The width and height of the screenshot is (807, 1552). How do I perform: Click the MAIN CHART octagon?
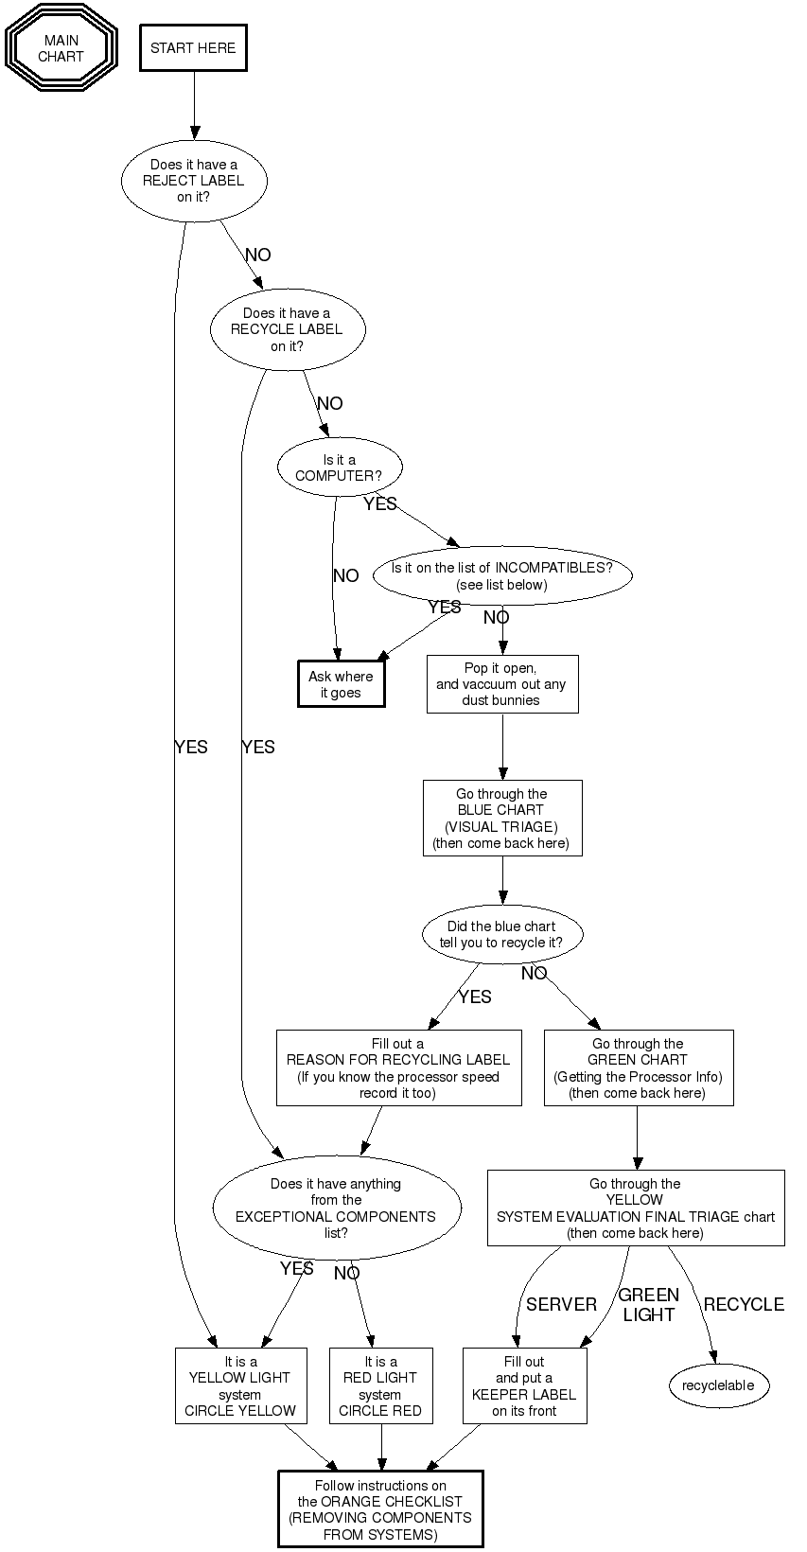tap(61, 48)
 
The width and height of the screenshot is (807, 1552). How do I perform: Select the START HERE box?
tap(193, 48)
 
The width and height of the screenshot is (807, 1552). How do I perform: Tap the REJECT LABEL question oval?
tap(194, 181)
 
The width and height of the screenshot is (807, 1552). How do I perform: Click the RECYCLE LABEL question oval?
tap(287, 329)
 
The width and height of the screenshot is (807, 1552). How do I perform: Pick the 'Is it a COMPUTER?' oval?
tap(340, 468)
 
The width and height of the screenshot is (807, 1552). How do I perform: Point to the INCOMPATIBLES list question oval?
tap(501, 576)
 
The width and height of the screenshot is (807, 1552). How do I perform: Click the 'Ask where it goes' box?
tap(342, 684)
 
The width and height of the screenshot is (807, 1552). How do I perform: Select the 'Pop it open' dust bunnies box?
tap(501, 684)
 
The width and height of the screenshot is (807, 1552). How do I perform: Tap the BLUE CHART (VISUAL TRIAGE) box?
tap(501, 819)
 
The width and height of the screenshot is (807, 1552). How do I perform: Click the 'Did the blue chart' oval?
tap(501, 935)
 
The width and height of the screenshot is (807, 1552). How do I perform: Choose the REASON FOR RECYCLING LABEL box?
tap(398, 1068)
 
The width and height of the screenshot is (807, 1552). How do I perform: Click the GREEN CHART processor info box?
tap(638, 1068)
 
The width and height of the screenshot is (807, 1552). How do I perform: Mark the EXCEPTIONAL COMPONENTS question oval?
tap(337, 1208)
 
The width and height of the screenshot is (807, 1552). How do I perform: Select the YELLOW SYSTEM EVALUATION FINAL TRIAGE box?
tap(636, 1208)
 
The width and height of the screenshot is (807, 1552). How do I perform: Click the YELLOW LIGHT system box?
tap(240, 1386)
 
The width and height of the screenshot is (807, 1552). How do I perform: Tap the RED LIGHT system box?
tap(380, 1386)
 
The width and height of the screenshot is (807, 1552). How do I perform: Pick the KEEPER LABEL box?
tap(524, 1386)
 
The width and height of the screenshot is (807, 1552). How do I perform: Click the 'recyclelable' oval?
tap(718, 1386)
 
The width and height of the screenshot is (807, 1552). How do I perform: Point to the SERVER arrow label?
tap(562, 1305)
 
